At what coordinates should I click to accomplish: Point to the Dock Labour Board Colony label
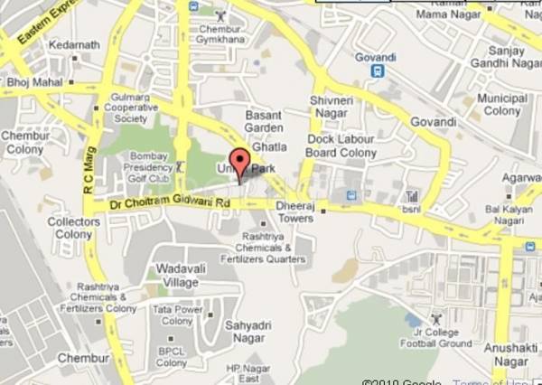pyautogui.click(x=347, y=146)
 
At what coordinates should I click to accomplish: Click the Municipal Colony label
pyautogui.click(x=503, y=104)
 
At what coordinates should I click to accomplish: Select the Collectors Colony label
pyautogui.click(x=74, y=228)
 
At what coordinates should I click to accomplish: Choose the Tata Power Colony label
pyautogui.click(x=176, y=315)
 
